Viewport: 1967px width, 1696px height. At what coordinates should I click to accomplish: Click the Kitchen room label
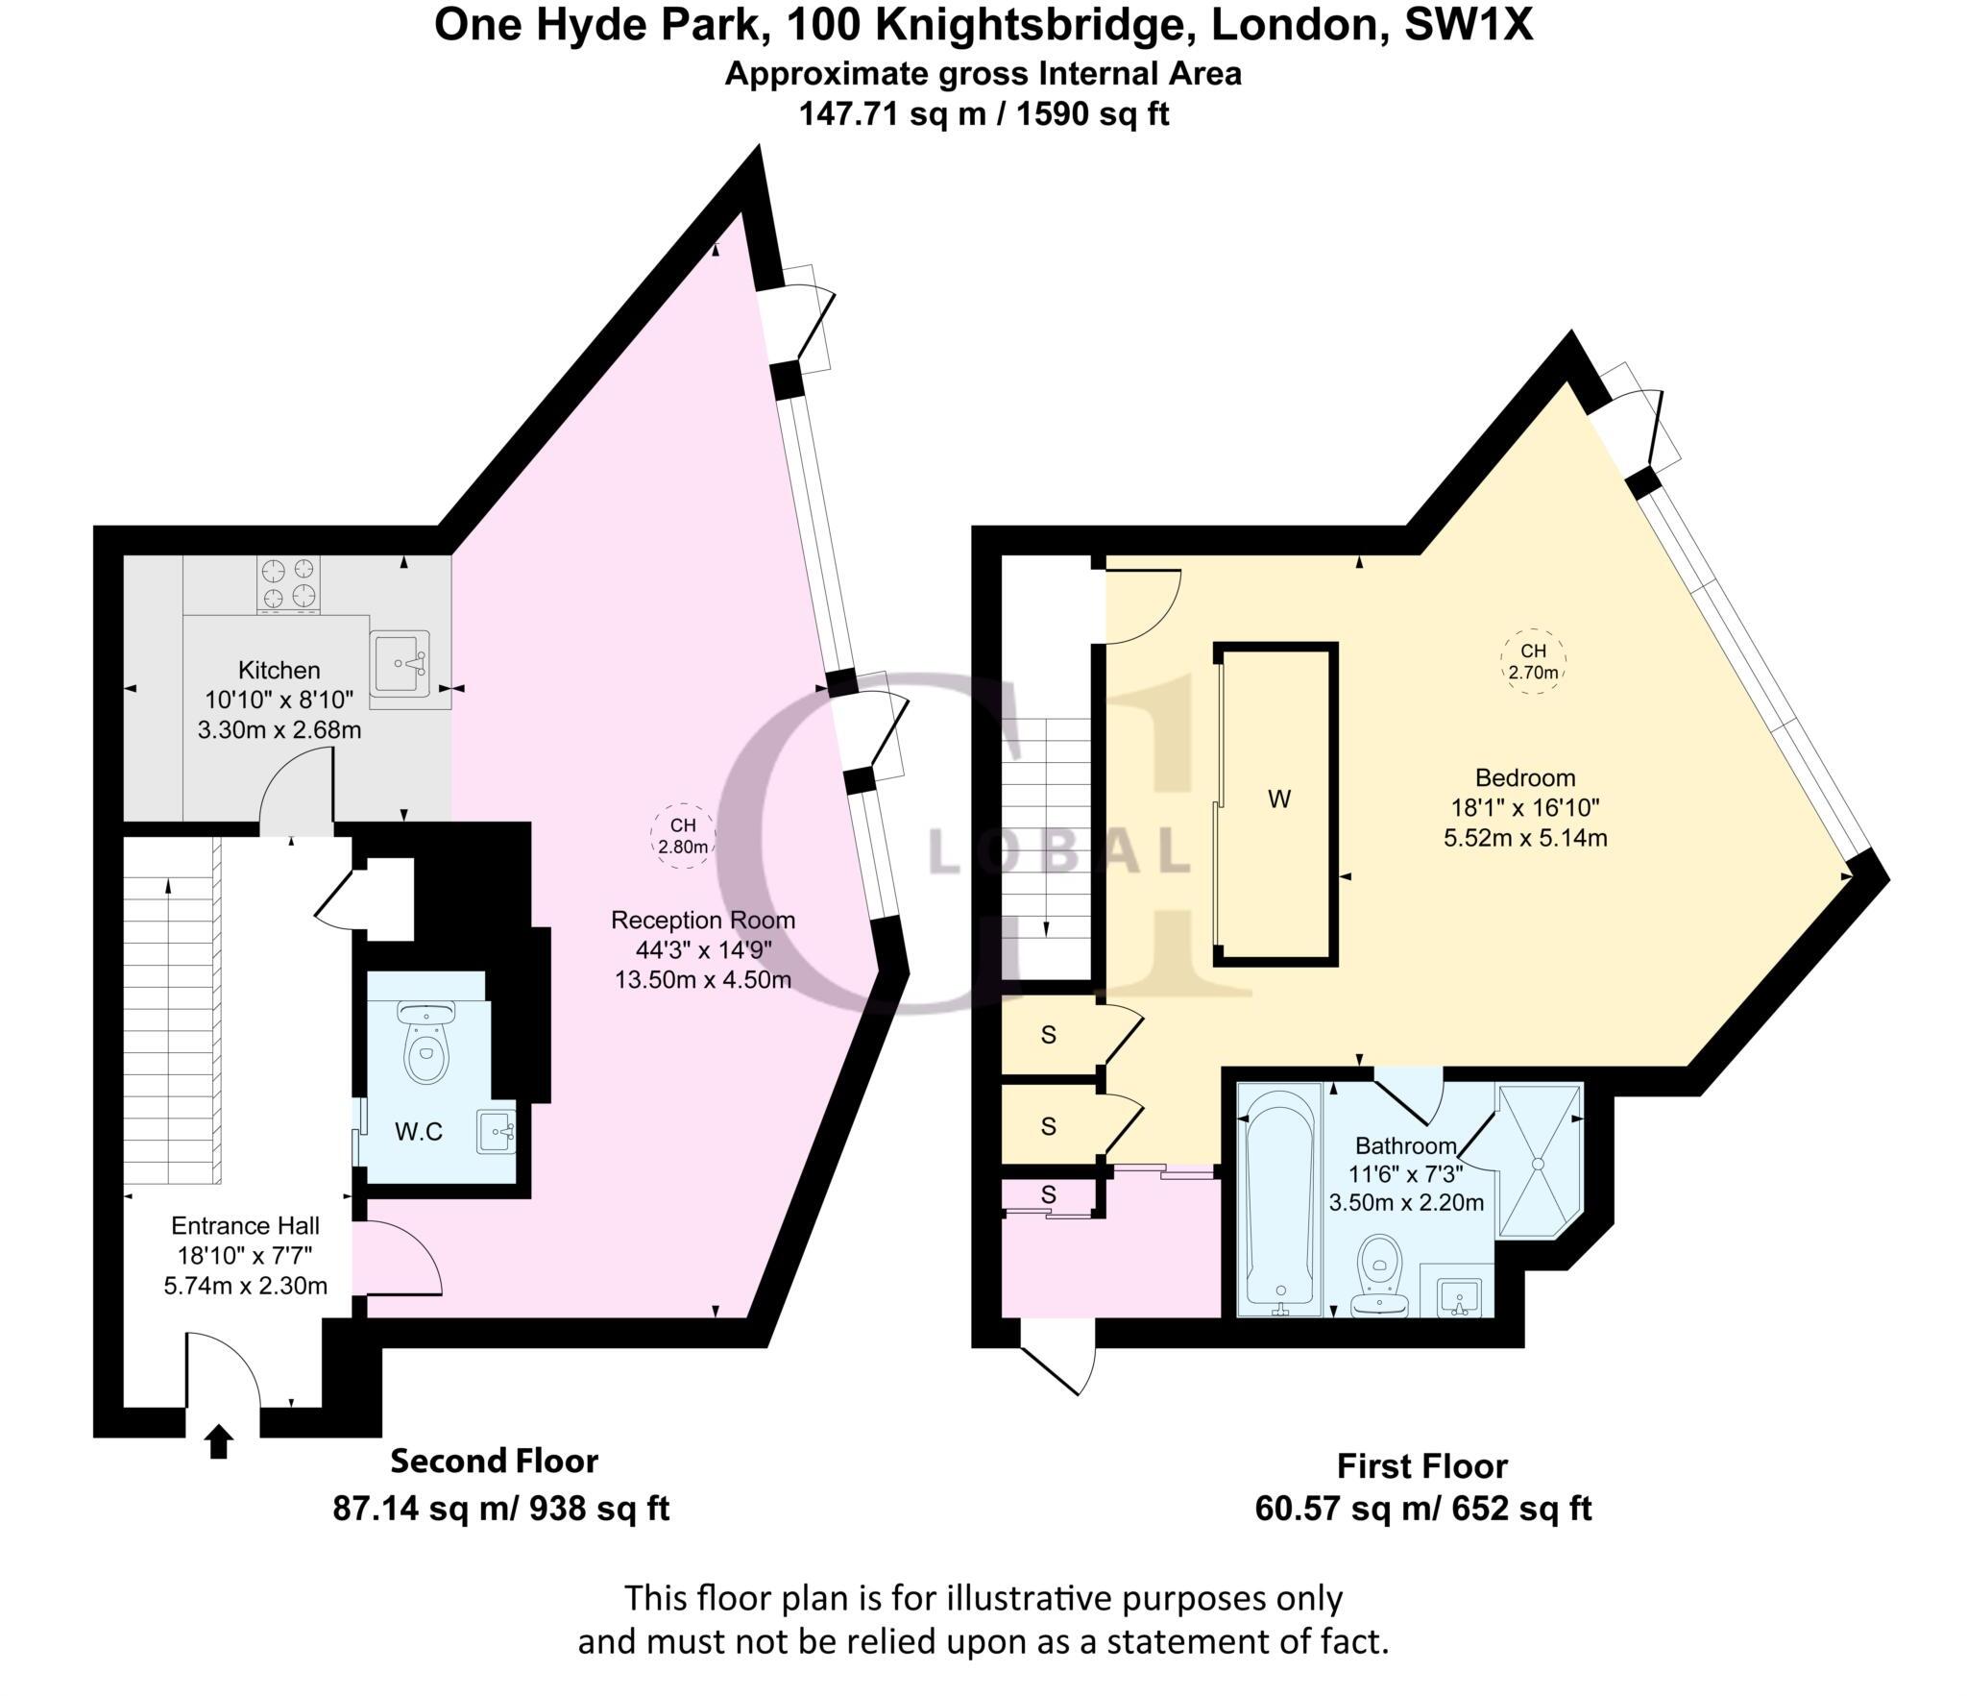point(279,670)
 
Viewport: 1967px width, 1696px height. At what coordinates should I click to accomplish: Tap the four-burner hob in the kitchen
point(288,585)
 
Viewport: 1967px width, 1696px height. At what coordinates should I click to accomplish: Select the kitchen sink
point(400,662)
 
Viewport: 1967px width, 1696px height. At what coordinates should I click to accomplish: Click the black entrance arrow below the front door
point(219,1441)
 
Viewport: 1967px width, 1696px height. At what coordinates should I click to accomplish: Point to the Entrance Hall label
point(245,1226)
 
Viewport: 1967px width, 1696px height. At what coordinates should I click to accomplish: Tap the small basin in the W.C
point(496,1131)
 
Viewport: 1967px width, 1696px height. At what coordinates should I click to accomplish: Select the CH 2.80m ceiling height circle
point(683,836)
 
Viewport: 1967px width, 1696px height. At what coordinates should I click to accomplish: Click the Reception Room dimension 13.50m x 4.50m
point(703,980)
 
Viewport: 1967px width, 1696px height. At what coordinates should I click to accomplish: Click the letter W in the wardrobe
point(1278,799)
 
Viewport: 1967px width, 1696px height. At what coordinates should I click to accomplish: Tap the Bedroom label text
point(1525,777)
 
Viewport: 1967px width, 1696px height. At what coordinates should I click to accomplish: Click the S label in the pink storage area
point(1049,1194)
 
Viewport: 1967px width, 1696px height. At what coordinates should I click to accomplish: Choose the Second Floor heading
point(494,1462)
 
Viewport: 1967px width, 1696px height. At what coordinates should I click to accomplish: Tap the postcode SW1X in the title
point(1469,25)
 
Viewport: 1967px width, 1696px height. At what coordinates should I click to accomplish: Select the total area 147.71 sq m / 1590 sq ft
point(983,114)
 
